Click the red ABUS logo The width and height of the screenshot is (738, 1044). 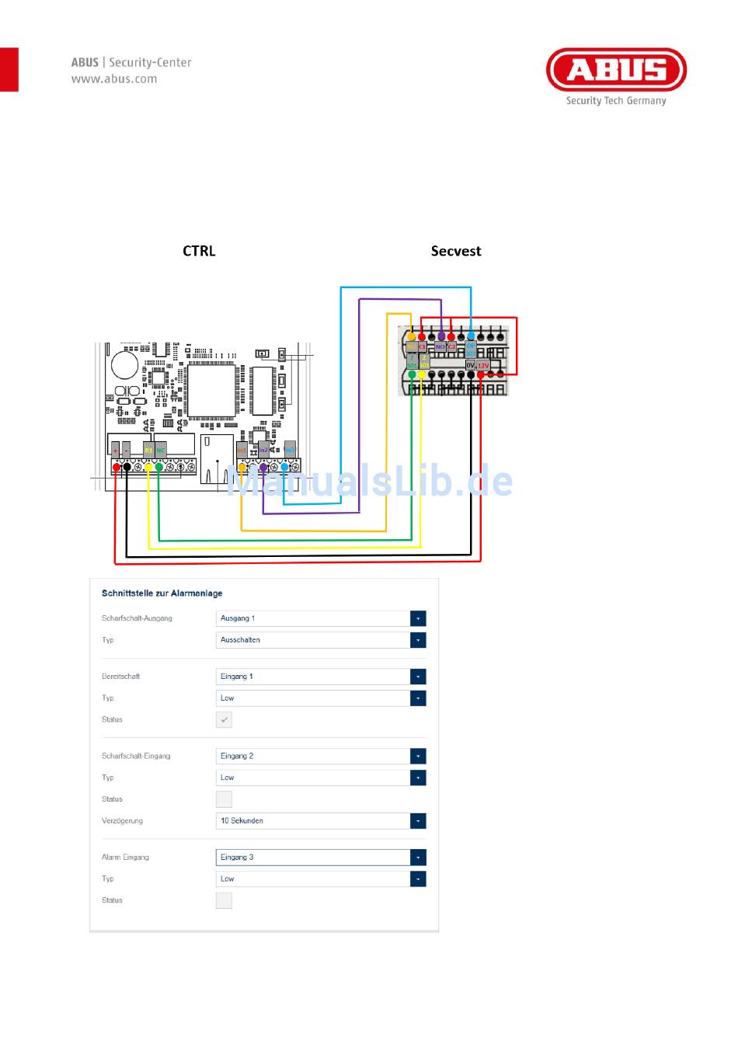(616, 70)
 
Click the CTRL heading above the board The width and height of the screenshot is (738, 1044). (199, 251)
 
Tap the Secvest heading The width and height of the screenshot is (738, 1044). (456, 251)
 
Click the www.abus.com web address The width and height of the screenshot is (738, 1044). (114, 79)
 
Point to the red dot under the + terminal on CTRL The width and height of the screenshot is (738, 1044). (117, 467)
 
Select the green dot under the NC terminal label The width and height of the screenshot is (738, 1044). (159, 467)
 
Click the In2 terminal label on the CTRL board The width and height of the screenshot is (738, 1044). (264, 450)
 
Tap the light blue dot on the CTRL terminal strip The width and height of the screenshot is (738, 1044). (284, 467)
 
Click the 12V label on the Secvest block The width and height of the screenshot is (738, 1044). (483, 365)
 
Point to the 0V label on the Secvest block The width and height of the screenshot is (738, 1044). (470, 365)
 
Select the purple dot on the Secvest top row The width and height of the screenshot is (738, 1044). (441, 336)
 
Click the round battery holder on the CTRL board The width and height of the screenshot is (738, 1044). (125, 365)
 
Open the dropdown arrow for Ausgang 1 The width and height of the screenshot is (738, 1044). (418, 618)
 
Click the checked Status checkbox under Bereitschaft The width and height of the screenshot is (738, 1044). (224, 720)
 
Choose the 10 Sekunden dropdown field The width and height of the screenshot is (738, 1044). (320, 821)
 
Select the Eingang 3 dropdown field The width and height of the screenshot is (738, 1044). (320, 858)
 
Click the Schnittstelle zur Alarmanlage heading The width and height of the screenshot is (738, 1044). (162, 593)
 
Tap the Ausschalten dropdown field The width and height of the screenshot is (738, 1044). (320, 640)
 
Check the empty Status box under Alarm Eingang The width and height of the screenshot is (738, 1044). (224, 901)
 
